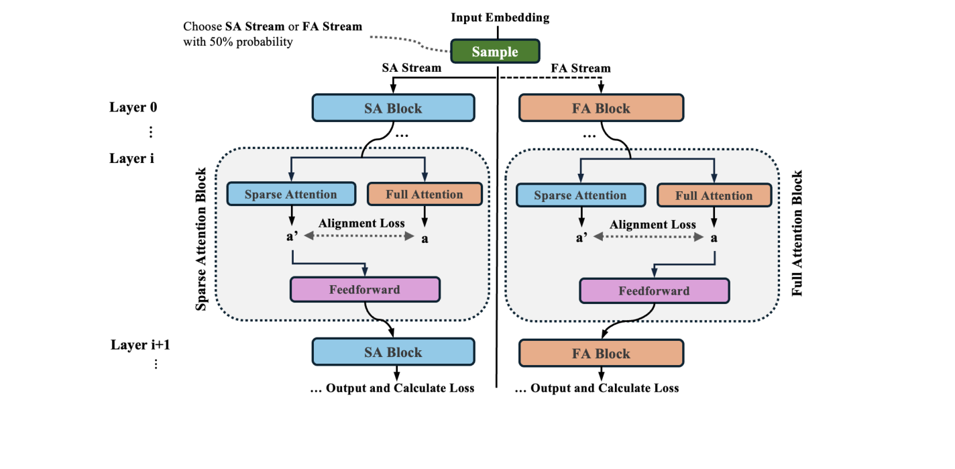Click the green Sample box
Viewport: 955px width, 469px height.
click(494, 52)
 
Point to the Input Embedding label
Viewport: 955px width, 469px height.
click(500, 18)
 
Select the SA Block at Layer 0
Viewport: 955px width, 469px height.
click(393, 108)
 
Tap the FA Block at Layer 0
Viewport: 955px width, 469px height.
click(601, 108)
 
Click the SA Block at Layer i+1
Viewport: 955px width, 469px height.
click(393, 352)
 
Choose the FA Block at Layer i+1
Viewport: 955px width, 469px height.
click(601, 354)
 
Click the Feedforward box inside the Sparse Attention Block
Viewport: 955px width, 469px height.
click(364, 290)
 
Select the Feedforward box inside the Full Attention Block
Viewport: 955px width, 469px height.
click(653, 291)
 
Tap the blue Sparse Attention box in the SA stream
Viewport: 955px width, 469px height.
click(290, 195)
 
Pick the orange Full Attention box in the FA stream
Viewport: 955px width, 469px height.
click(714, 196)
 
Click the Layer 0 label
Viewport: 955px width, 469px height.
click(133, 107)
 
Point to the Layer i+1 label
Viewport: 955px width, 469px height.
click(138, 346)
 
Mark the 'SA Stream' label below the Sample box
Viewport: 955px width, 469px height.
click(411, 68)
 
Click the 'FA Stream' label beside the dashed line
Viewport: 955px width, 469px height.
click(580, 68)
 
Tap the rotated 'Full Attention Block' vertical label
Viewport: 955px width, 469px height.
click(797, 233)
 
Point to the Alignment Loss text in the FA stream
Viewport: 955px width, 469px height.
click(653, 225)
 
